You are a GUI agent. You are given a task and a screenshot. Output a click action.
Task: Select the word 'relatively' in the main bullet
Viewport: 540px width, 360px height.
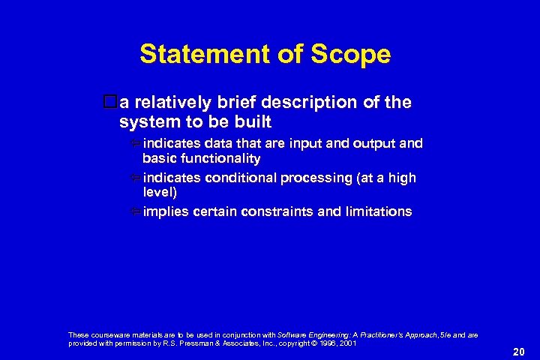coord(170,102)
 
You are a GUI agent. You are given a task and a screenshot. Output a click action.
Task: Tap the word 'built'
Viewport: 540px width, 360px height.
coord(253,121)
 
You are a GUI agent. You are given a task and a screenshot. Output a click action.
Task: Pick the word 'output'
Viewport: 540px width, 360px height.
coord(367,143)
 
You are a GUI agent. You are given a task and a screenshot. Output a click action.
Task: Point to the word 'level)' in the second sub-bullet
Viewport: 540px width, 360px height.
coord(160,193)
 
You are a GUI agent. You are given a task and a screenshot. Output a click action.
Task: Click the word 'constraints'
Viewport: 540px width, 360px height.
coord(281,211)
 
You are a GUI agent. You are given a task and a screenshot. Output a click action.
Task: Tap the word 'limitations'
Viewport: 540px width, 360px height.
coord(378,211)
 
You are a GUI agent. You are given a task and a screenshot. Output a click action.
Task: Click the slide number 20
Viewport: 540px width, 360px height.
coord(518,351)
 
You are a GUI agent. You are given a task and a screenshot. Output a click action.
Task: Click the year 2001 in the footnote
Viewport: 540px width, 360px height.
coord(346,343)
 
